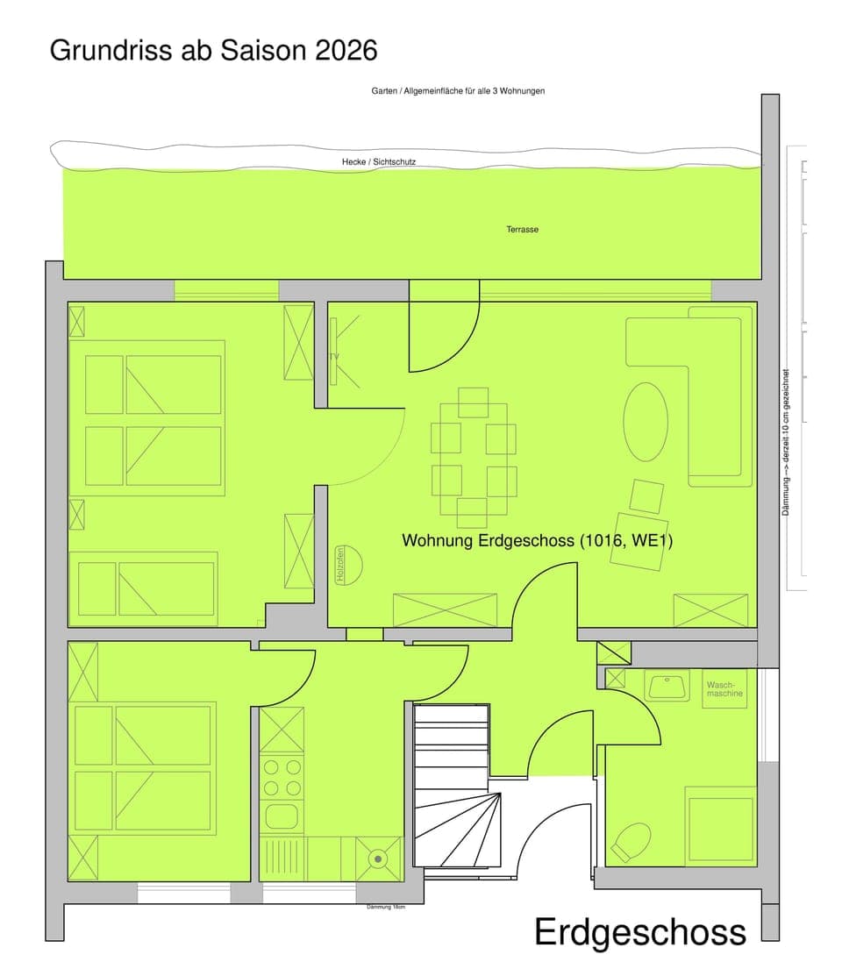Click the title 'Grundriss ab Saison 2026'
pos(213,50)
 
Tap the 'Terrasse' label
pos(522,230)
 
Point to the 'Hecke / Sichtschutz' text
pos(379,162)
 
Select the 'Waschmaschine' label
pos(724,688)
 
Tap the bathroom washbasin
pos(667,686)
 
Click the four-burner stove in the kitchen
pos(282,777)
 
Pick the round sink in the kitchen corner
pos(378,858)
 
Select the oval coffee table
pos(646,421)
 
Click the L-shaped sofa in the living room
pos(702,386)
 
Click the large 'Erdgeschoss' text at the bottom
pos(640,932)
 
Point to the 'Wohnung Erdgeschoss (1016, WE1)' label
pos(537,541)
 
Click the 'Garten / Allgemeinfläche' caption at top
pos(458,90)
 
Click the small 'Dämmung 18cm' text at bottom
pos(386,907)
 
